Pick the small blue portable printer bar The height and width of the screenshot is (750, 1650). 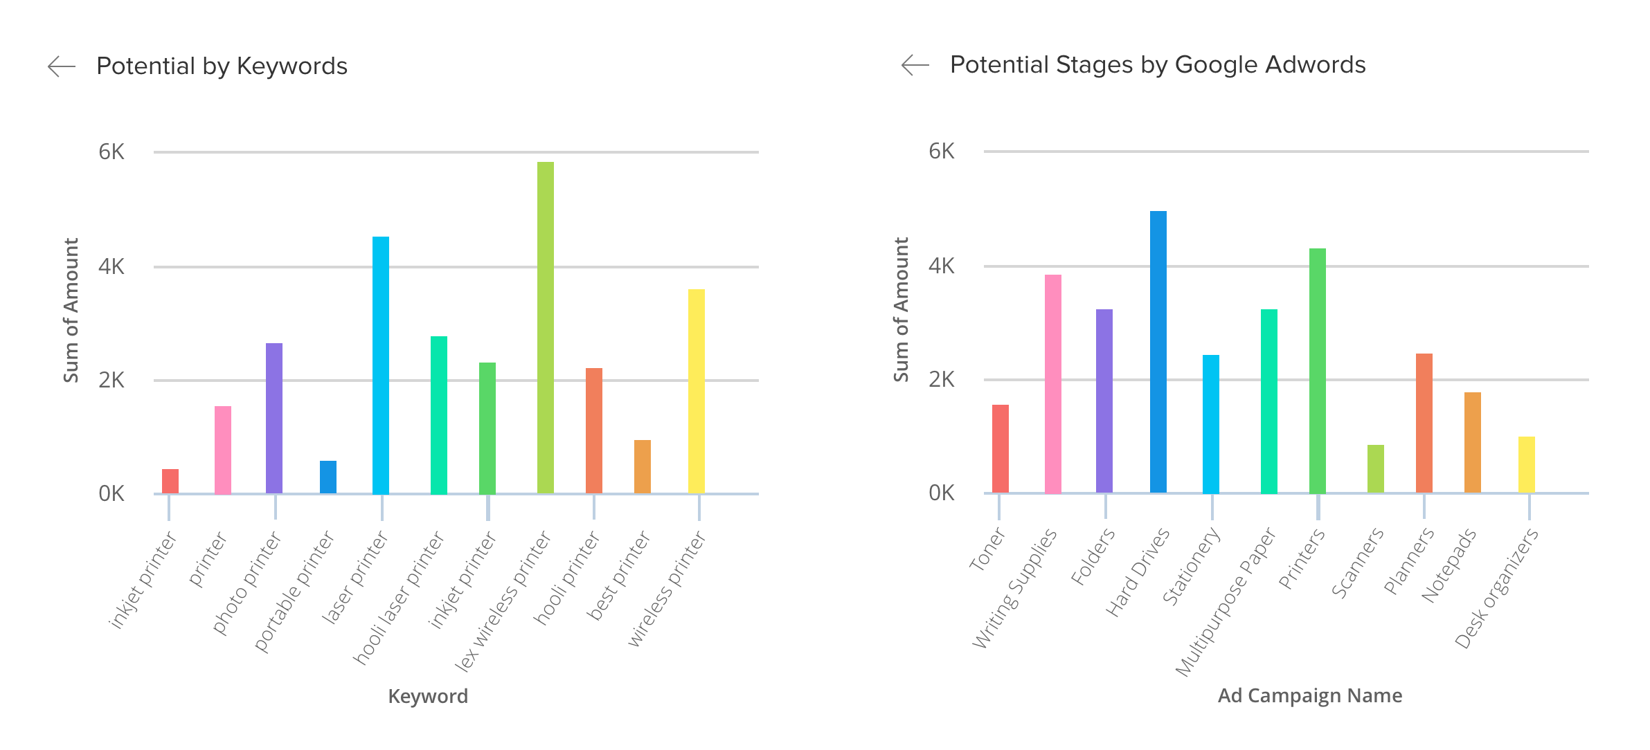pos(328,477)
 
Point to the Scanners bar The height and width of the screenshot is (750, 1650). pos(1375,468)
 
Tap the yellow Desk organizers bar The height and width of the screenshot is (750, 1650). pos(1526,464)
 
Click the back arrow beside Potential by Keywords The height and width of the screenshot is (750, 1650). pos(62,66)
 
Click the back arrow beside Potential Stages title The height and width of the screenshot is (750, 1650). pos(915,65)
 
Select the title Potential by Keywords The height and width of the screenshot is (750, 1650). pos(222,66)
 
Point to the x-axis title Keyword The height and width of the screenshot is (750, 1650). pos(428,696)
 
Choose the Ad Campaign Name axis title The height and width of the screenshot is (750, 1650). pos(1309,695)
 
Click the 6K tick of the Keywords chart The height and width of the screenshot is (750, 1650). pos(111,152)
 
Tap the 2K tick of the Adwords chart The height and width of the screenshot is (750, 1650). pos(941,380)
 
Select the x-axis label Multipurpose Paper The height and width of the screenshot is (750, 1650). pos(1226,602)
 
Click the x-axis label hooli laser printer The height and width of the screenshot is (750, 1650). pos(399,598)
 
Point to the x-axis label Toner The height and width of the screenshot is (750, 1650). pos(987,549)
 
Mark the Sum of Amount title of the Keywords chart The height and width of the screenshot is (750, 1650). pos(71,310)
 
